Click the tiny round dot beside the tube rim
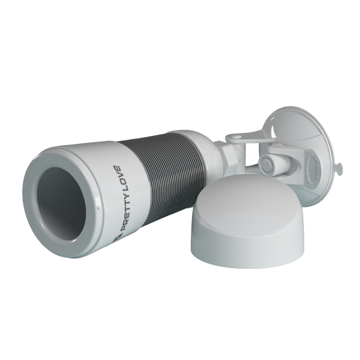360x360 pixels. point(99,208)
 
